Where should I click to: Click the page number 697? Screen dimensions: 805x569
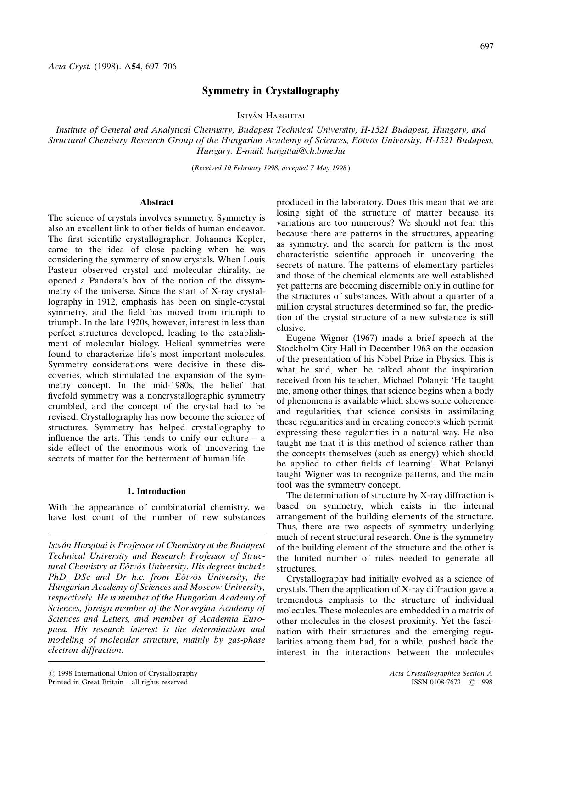point(486,46)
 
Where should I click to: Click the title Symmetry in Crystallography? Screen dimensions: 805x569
point(271,91)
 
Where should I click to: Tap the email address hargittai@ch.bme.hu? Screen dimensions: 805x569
point(306,151)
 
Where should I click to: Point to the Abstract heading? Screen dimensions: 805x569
point(156,202)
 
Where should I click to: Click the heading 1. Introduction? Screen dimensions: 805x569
point(156,491)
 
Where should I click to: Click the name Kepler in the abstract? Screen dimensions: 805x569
point(250,239)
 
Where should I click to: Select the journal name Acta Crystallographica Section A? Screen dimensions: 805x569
point(441,673)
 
